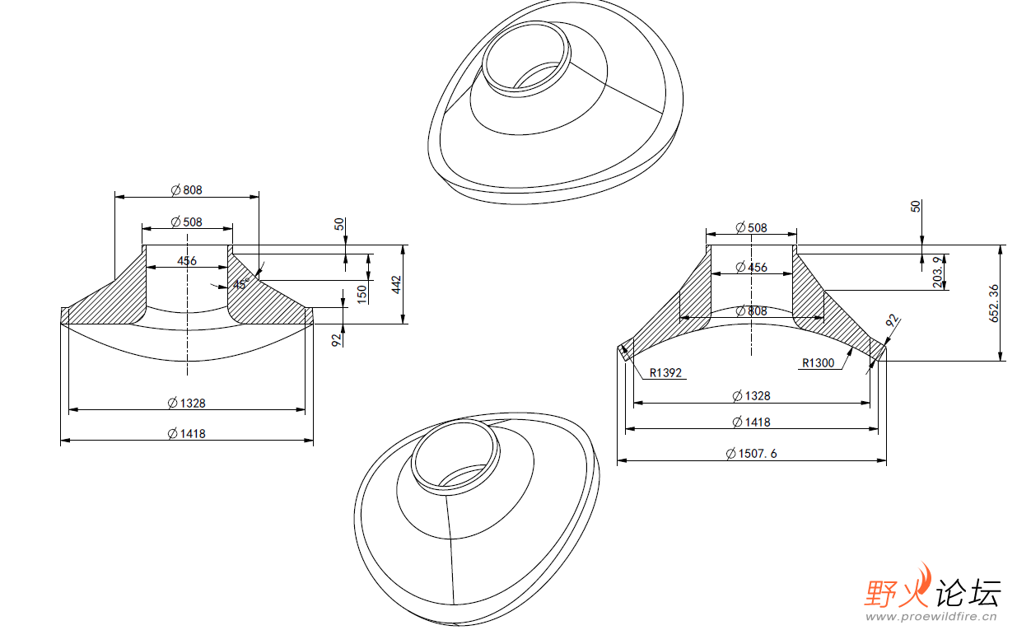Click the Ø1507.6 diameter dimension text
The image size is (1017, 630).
pos(750,453)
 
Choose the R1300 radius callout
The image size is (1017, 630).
pos(818,362)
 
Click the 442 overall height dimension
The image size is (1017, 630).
pos(395,284)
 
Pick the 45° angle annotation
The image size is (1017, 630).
pos(240,284)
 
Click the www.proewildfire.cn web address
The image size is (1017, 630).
pos(931,616)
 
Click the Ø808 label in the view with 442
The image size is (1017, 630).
pos(186,189)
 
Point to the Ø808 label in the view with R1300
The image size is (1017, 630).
pos(751,311)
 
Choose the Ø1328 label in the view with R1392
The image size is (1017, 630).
pos(751,396)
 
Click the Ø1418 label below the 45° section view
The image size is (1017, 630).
pos(186,433)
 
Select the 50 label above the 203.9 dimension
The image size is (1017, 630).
pos(916,206)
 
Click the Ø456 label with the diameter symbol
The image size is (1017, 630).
pos(751,267)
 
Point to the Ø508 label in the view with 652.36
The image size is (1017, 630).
pos(751,227)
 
